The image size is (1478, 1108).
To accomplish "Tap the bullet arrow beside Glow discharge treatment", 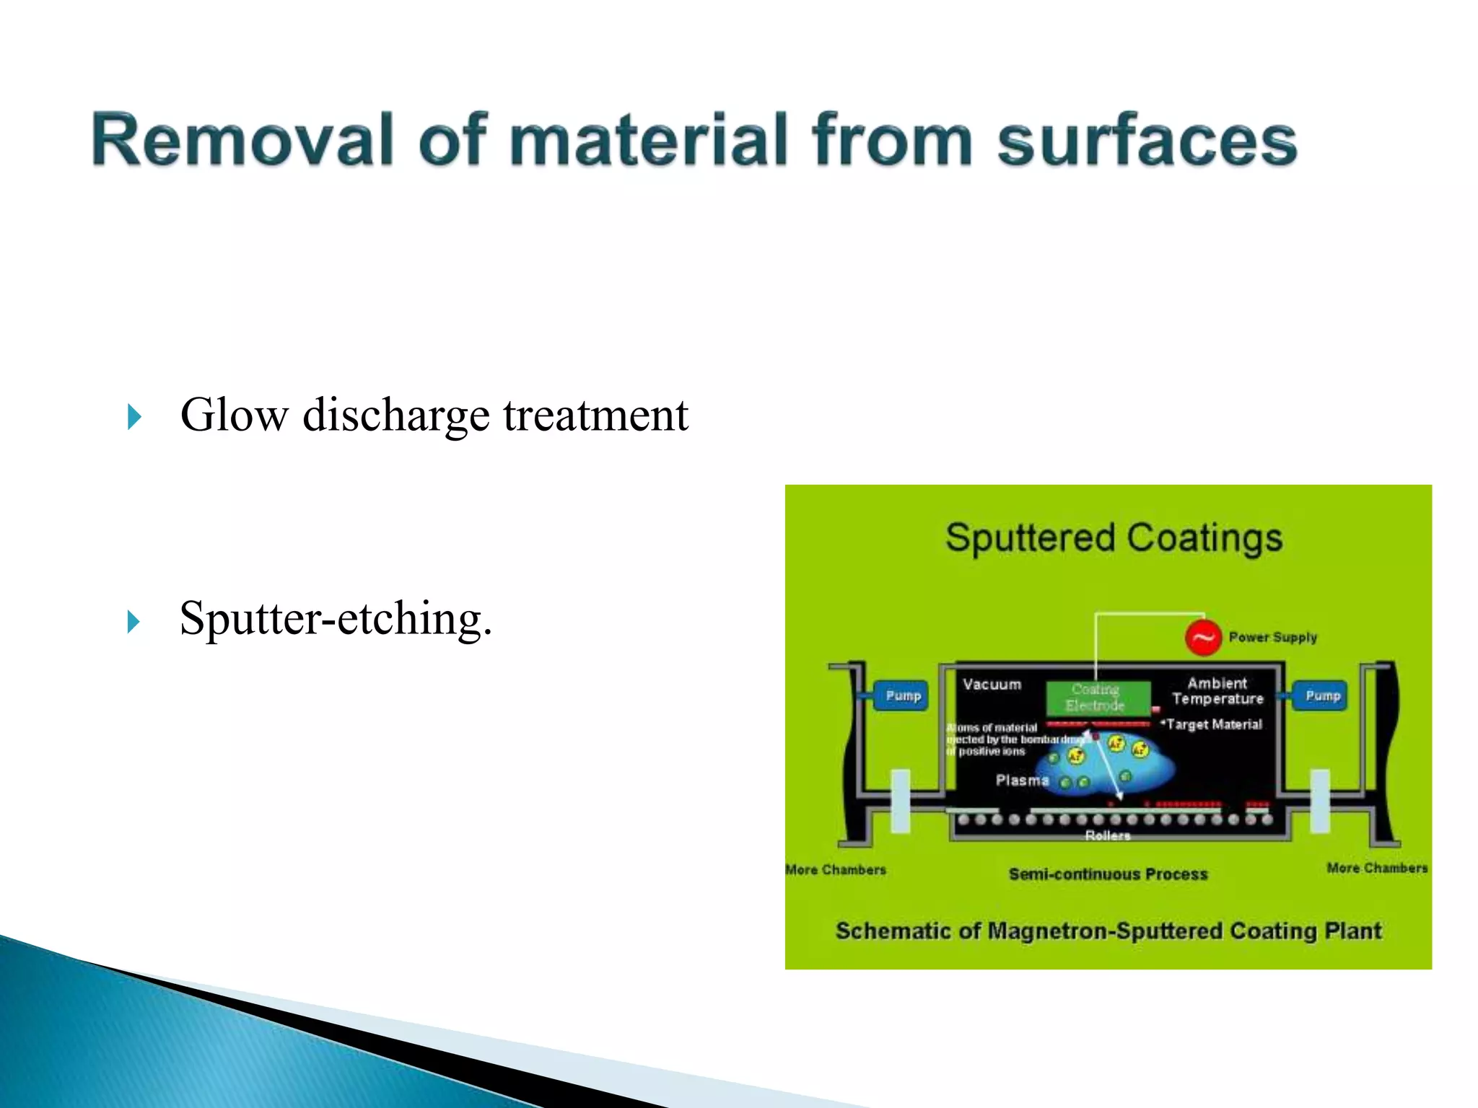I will coord(134,417).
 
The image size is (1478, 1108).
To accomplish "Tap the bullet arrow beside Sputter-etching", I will coord(134,621).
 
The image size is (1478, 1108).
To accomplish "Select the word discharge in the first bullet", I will coord(395,415).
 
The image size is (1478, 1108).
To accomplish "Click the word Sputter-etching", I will coord(336,619).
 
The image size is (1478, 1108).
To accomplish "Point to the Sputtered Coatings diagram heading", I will coord(1114,538).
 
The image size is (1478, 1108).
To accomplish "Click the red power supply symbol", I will coord(1202,638).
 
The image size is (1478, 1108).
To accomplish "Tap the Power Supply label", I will coord(1272,638).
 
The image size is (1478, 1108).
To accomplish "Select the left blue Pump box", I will coord(902,696).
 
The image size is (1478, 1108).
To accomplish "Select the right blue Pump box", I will coord(1322,696).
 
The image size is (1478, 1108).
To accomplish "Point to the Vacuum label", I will coord(992,685).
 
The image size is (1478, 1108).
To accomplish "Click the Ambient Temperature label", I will coord(1217,691).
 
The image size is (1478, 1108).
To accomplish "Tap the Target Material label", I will coord(1214,724).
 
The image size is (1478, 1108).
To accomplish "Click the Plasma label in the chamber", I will coord(1021,781).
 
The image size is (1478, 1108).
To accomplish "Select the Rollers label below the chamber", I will coord(1107,836).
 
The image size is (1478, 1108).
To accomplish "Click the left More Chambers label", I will coord(836,870).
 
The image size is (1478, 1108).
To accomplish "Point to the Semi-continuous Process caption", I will coord(1108,874).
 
